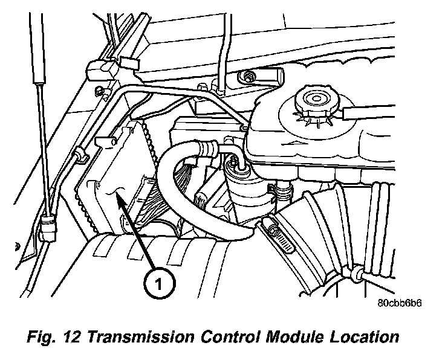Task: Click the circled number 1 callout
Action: (158, 282)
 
